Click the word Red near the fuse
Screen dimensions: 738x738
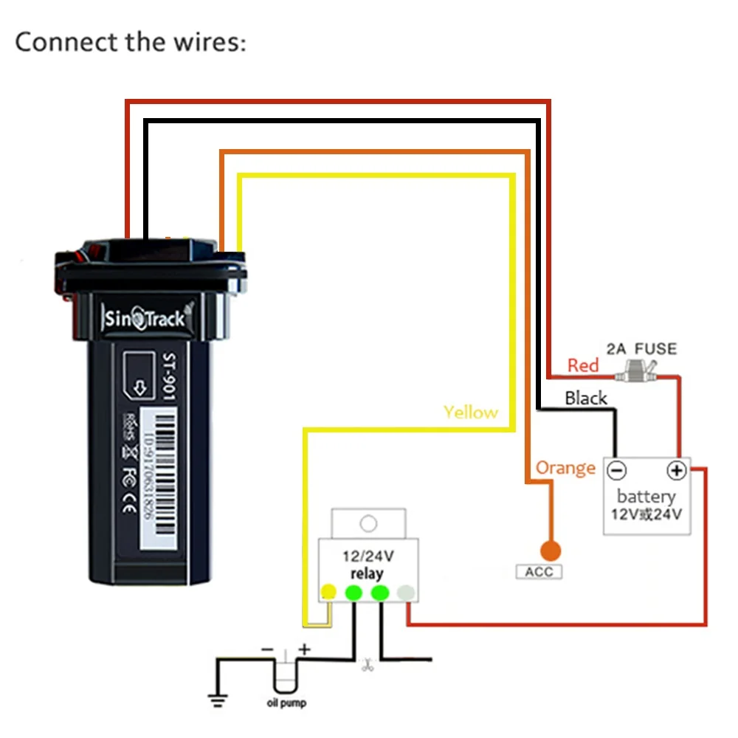583,365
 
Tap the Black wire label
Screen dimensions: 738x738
586,399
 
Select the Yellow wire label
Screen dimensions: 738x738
471,413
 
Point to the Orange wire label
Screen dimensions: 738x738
565,468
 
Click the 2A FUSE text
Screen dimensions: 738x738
641,348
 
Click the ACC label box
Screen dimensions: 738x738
538,572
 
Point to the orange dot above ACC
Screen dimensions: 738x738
550,551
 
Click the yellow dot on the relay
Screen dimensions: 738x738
328,592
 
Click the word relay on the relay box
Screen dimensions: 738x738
366,573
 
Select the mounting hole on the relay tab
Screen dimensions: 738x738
368,523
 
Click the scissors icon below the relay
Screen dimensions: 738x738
365,666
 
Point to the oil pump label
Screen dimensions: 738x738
286,703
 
